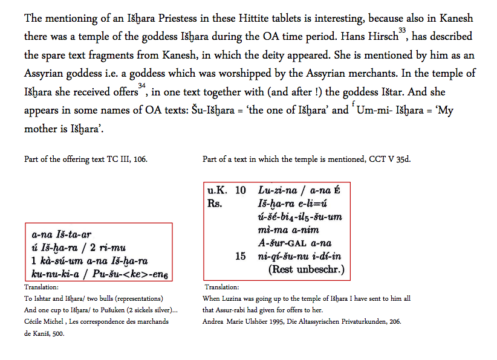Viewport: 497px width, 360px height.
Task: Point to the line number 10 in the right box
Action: tap(240, 190)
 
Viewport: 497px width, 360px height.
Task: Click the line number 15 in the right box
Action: tap(240, 256)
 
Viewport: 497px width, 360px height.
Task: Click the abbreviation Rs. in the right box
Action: tap(215, 203)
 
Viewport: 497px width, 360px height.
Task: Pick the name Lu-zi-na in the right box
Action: tap(276, 190)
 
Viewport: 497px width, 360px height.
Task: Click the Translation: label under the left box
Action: tap(41, 288)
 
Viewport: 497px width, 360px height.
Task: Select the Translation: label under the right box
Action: tap(222, 288)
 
